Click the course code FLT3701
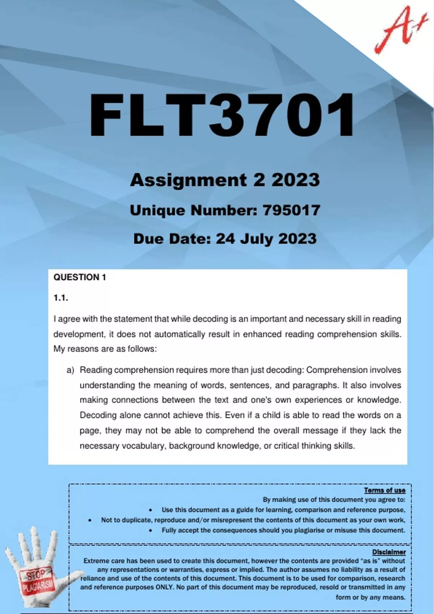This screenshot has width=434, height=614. coord(221,116)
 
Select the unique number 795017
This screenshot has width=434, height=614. coord(291,210)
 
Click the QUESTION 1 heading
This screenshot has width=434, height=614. coord(80,277)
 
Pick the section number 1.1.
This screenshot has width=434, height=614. coord(61,298)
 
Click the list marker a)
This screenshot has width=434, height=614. coord(70,370)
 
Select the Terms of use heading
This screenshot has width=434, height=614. coord(384,490)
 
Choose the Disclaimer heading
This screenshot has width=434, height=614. coord(389,552)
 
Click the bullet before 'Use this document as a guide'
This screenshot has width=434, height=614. coord(150,510)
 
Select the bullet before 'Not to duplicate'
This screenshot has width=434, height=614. coord(90,520)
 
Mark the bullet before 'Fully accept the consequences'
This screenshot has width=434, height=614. coord(150,531)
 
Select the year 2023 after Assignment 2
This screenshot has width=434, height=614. coord(295,180)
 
